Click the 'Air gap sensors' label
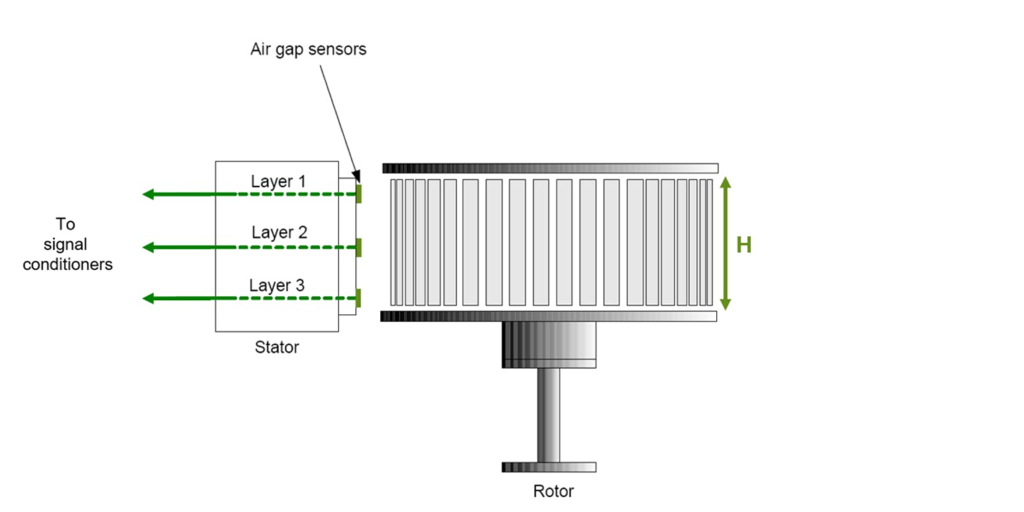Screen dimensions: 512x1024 [x=308, y=49]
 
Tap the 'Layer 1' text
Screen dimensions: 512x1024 [x=279, y=181]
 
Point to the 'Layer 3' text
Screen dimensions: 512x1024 [x=277, y=285]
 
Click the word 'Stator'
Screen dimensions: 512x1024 [x=277, y=347]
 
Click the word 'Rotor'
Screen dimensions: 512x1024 [x=553, y=492]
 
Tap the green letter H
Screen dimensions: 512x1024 [x=743, y=245]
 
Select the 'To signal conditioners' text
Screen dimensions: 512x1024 [x=67, y=244]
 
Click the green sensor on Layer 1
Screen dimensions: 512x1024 [x=359, y=193]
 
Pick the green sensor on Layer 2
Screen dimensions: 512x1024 [x=359, y=247]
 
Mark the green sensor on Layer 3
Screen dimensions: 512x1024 [x=359, y=298]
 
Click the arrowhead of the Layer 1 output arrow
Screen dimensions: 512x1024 [x=148, y=194]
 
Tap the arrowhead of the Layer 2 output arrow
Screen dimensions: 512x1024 [x=148, y=247]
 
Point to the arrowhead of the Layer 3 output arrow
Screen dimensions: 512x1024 [x=148, y=298]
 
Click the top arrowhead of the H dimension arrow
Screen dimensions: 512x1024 [x=726, y=181]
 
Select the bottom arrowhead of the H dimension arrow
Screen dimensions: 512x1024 [x=726, y=305]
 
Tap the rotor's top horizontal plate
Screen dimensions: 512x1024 [x=550, y=168]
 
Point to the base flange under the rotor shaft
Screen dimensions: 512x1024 [x=549, y=467]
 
